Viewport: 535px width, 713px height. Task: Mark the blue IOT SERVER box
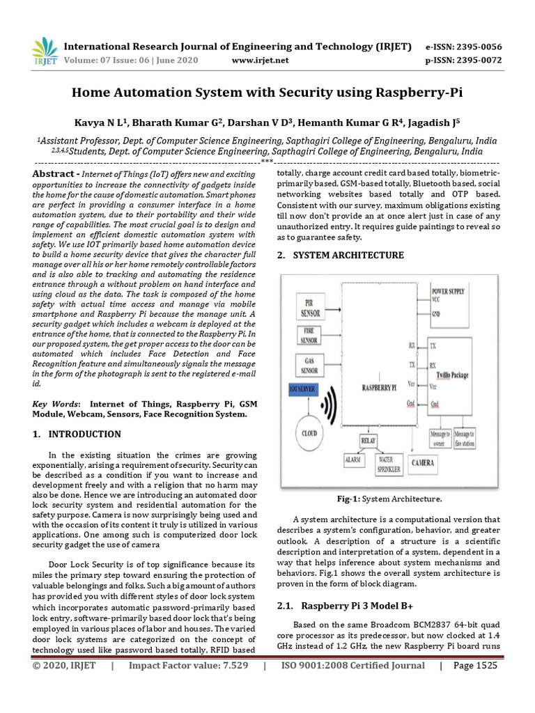tap(302, 391)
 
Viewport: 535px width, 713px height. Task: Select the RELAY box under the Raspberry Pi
tap(368, 441)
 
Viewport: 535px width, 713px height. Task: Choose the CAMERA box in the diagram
tap(423, 462)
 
